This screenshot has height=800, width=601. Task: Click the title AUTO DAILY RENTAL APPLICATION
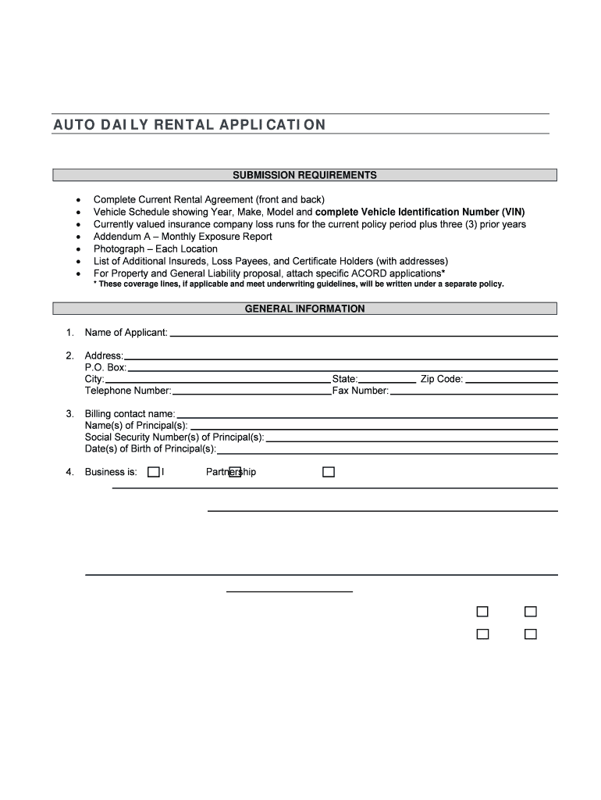pos(190,125)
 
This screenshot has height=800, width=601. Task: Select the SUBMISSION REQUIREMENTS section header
pos(304,175)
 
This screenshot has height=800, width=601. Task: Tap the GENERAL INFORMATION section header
pos(304,309)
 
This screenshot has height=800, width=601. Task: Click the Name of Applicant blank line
pos(364,334)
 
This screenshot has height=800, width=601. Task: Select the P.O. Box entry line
pos(342,369)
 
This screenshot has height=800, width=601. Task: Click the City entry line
pos(218,380)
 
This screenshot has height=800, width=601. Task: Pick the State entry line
pos(387,380)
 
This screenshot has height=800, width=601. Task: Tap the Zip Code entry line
pos(511,380)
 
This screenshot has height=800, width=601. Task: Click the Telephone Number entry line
pos(251,392)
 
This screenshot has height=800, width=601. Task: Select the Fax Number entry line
pos(474,392)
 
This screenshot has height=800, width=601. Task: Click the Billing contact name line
pos(367,415)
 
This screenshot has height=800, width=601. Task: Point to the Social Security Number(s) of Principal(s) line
pos(411,438)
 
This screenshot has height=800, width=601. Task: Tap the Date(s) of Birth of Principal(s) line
pos(387,451)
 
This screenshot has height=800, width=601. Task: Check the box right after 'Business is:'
pos(154,472)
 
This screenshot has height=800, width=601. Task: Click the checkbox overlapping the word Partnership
pos(234,472)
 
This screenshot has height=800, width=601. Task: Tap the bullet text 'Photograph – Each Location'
pos(155,249)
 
